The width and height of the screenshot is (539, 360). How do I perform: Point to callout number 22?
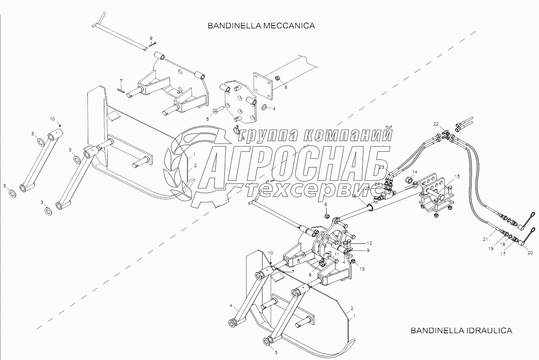click(436, 124)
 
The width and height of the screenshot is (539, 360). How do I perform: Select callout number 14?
click(415, 172)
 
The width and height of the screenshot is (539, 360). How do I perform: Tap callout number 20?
click(530, 253)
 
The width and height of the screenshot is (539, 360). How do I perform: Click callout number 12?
click(369, 243)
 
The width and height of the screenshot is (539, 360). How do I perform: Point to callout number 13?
click(362, 269)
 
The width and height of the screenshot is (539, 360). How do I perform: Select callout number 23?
click(381, 167)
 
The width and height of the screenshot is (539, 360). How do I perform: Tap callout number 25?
click(367, 188)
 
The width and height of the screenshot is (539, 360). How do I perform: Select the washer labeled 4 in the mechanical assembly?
click(264, 107)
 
